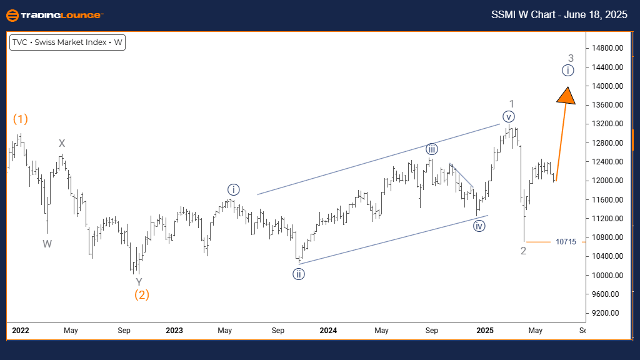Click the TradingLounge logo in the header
(x=54, y=15)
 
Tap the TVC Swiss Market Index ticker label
(x=67, y=43)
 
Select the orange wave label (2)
(x=141, y=294)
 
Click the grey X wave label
(x=62, y=144)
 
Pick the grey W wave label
(x=47, y=244)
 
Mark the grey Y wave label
(x=139, y=282)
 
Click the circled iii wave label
(x=432, y=149)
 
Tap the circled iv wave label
(x=479, y=226)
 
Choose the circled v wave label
(x=509, y=116)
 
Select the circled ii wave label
(x=299, y=274)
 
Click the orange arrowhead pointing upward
(x=566, y=95)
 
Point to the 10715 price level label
(x=566, y=241)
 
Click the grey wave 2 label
(x=523, y=251)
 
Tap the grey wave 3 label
(x=571, y=58)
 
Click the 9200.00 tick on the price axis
(x=607, y=312)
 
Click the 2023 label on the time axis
(x=174, y=330)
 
